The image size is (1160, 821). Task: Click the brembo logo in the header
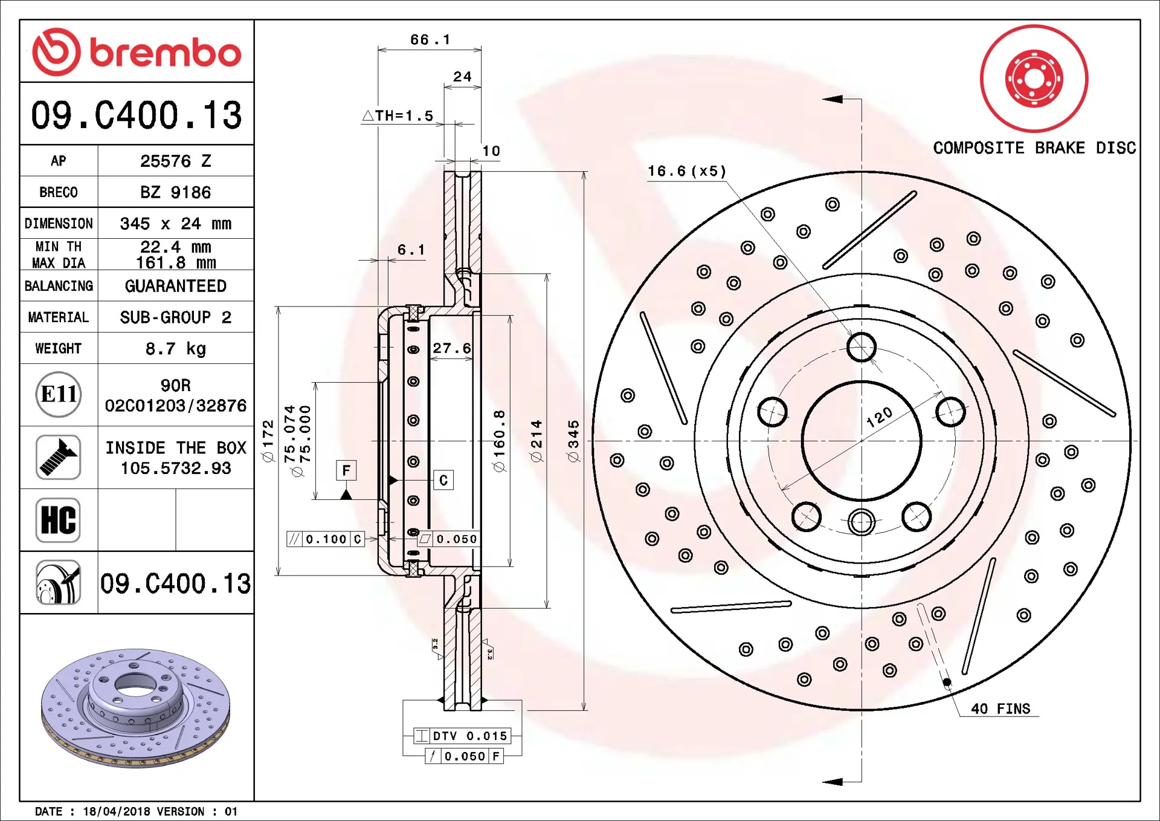point(137,52)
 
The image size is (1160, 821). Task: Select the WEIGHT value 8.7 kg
point(176,349)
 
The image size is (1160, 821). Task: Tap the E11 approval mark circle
point(59,395)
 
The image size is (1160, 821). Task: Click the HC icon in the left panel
point(59,520)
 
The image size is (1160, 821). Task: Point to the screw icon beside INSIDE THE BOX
point(59,457)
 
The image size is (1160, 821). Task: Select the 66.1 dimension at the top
point(430,40)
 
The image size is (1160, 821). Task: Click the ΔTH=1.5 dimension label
point(398,115)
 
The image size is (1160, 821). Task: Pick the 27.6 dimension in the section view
point(451,348)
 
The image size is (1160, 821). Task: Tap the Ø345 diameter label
point(573,441)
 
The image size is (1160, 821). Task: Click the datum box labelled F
point(346,470)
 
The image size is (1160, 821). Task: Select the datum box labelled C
point(443,480)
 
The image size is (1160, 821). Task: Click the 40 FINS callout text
point(1000,709)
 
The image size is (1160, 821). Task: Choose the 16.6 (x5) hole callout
point(687,171)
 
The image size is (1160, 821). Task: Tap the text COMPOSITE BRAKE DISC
point(1034,148)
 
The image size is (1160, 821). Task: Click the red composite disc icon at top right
point(1034,79)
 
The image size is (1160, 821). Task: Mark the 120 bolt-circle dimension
point(879,417)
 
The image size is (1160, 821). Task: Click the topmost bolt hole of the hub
point(862,348)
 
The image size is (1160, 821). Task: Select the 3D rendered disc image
point(136,708)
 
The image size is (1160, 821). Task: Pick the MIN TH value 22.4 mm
point(176,247)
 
